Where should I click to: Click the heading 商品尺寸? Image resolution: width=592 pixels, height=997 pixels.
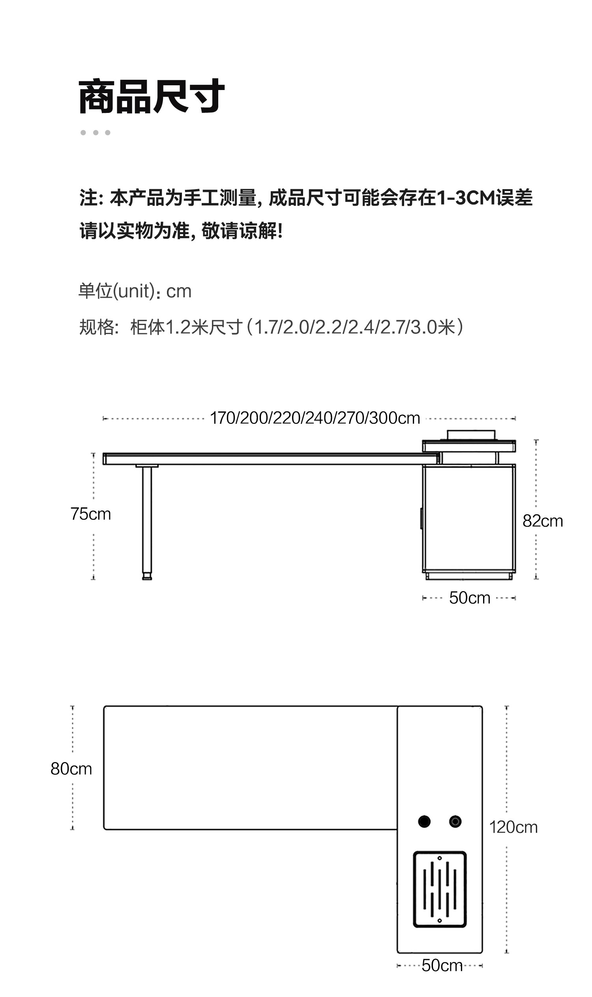coord(152,97)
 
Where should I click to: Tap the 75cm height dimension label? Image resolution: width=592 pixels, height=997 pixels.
coord(90,514)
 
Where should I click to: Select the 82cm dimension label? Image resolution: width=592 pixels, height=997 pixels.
coord(542,521)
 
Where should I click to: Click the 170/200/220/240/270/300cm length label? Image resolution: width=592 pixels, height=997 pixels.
coord(315,418)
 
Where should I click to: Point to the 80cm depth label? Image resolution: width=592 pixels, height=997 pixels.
coord(71,768)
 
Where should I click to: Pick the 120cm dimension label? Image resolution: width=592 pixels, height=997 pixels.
coord(513,826)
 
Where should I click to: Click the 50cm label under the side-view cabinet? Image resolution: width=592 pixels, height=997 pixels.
coord(469,597)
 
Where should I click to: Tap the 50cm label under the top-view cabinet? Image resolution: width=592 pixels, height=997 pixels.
coord(442,965)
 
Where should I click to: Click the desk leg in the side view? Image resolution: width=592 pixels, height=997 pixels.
coord(147,519)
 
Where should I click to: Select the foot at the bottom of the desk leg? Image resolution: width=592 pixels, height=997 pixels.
coord(147,576)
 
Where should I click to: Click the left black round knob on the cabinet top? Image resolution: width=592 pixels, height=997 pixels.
coord(424,821)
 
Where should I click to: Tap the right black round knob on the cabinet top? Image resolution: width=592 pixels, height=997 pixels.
coord(455,821)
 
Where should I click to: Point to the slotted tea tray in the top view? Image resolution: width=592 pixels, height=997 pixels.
coord(440,889)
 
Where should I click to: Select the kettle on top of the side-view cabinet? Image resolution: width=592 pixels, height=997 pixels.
coord(471,435)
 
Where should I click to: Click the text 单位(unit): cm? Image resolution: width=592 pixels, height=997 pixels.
coord(135,291)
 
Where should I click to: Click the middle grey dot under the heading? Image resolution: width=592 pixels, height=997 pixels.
coord(96,133)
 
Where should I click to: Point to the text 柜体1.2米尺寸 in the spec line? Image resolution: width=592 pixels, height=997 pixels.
coord(186,327)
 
